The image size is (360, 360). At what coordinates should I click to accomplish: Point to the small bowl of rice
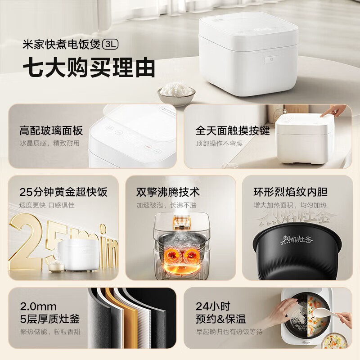click(176, 91)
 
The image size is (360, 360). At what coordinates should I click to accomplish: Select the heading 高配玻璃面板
click(51, 131)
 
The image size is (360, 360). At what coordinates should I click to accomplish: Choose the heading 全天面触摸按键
click(233, 131)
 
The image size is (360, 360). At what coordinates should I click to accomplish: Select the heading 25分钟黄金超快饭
click(63, 192)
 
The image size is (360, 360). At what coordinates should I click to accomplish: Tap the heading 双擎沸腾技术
click(168, 192)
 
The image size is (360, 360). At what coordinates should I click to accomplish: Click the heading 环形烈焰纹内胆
click(290, 192)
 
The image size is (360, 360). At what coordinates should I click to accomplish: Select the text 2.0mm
click(38, 307)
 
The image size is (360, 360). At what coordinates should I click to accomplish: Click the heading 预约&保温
click(220, 319)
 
